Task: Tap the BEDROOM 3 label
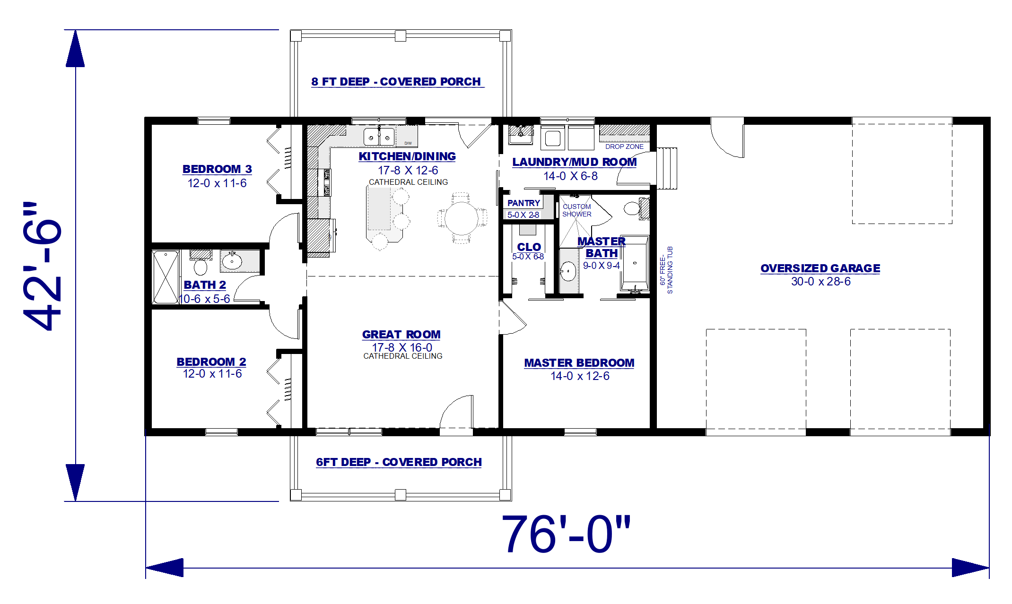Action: pos(217,169)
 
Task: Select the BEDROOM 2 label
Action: pos(211,362)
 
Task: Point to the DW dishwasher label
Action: pos(408,143)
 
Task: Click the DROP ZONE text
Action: pos(624,147)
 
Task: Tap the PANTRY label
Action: pos(523,203)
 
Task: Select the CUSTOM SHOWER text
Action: pos(576,210)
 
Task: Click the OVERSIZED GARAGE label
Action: pos(820,268)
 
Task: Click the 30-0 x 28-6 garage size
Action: pos(820,282)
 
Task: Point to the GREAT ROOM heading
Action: pos(401,335)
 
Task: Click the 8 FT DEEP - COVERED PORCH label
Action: pos(396,82)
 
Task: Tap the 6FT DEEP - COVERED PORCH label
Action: pos(399,462)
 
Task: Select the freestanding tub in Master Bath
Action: pos(635,264)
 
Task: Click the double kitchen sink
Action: pos(379,137)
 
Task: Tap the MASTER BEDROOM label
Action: pos(579,363)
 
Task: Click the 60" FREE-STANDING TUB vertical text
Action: pos(666,270)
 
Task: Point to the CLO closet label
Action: pos(529,247)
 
